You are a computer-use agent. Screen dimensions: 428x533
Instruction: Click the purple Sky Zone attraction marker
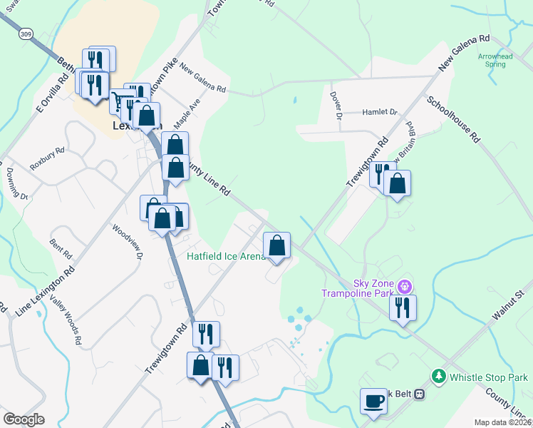(405, 287)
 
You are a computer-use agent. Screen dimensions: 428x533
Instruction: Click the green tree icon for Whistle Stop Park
(439, 376)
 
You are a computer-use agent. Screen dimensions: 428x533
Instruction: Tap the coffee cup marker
(373, 400)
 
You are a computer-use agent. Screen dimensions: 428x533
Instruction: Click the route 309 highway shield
(26, 34)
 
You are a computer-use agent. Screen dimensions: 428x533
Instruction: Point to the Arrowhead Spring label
(492, 60)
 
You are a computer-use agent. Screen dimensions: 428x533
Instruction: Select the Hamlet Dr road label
(379, 112)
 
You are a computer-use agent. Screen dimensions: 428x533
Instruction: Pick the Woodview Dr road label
(128, 243)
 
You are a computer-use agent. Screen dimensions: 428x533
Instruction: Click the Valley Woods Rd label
(64, 322)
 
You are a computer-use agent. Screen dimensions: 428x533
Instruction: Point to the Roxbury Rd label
(48, 158)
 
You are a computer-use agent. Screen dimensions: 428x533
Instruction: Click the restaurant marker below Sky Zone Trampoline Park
(403, 308)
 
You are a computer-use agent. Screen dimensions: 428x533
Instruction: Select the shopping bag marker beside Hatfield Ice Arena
(277, 245)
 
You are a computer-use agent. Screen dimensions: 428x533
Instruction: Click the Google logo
(24, 419)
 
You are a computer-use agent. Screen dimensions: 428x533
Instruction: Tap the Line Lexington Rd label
(45, 292)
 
